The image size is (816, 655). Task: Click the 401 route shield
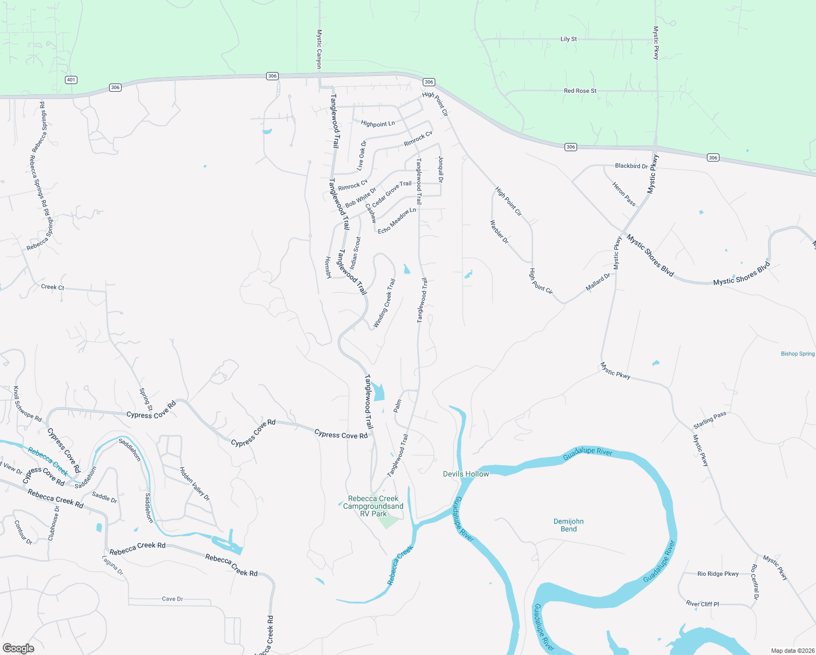point(70,80)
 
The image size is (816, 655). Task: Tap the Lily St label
point(568,39)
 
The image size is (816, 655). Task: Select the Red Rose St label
point(580,91)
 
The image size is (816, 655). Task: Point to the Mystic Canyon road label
point(320,49)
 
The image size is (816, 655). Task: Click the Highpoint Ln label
point(377,124)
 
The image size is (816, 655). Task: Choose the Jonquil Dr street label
point(441,169)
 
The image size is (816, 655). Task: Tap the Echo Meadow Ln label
point(397,221)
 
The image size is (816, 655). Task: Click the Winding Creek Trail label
point(384,303)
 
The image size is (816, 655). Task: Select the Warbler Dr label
point(499,232)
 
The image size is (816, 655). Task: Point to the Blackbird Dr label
point(631,166)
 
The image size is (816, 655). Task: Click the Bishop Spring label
point(797,354)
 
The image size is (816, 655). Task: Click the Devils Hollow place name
point(466,474)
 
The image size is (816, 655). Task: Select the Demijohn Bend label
point(568,525)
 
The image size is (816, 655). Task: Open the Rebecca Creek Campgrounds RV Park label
point(373,506)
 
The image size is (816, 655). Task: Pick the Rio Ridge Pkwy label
point(718,574)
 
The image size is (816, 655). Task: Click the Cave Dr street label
point(172,599)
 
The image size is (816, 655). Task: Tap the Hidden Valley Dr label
point(194,484)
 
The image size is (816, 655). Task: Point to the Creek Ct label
point(52,287)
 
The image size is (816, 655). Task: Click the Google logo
point(19,648)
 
